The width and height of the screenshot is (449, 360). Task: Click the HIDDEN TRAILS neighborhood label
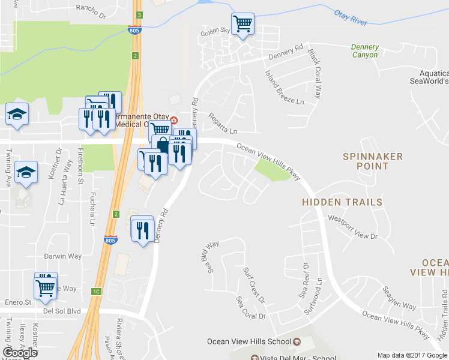click(x=342, y=203)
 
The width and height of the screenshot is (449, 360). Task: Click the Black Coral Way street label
click(x=315, y=74)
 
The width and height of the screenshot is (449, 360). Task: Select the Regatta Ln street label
click(x=223, y=123)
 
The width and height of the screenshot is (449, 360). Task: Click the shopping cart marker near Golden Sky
click(x=243, y=25)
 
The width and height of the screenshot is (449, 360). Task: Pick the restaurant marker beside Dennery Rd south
click(x=142, y=230)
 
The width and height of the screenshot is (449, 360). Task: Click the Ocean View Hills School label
click(x=249, y=341)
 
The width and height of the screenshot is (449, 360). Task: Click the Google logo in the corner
click(x=20, y=353)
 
